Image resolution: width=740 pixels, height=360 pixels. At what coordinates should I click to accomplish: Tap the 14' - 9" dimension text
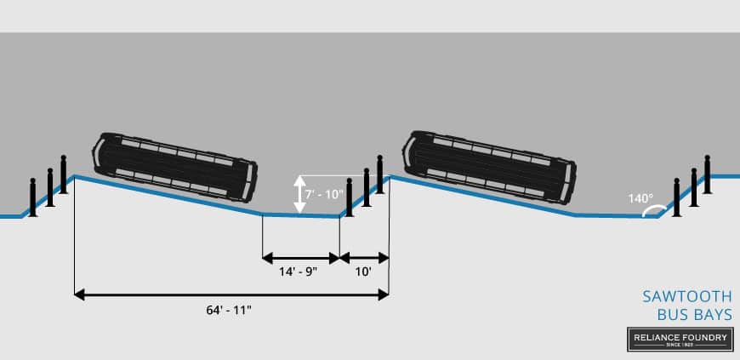(x=300, y=272)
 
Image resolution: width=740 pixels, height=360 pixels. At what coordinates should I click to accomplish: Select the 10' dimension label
(x=364, y=272)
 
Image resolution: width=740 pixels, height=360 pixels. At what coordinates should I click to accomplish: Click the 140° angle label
(x=639, y=197)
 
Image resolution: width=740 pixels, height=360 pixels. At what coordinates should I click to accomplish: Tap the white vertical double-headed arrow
(x=299, y=193)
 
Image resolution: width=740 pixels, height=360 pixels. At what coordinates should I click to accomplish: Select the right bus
(x=488, y=166)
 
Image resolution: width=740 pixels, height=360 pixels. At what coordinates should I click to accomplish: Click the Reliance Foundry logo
(x=680, y=339)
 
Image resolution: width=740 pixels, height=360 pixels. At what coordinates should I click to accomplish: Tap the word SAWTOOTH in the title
(x=686, y=296)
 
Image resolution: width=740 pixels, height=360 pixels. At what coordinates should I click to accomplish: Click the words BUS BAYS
(x=694, y=315)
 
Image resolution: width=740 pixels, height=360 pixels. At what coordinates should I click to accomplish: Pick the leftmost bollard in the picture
(x=32, y=197)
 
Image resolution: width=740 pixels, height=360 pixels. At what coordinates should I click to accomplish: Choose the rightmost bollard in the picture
(x=707, y=179)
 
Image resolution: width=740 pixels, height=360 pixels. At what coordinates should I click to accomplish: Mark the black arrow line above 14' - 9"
(x=300, y=257)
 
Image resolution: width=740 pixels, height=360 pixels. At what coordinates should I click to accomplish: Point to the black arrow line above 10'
(x=364, y=257)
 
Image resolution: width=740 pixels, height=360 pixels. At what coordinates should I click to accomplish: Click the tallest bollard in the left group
(x=63, y=175)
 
